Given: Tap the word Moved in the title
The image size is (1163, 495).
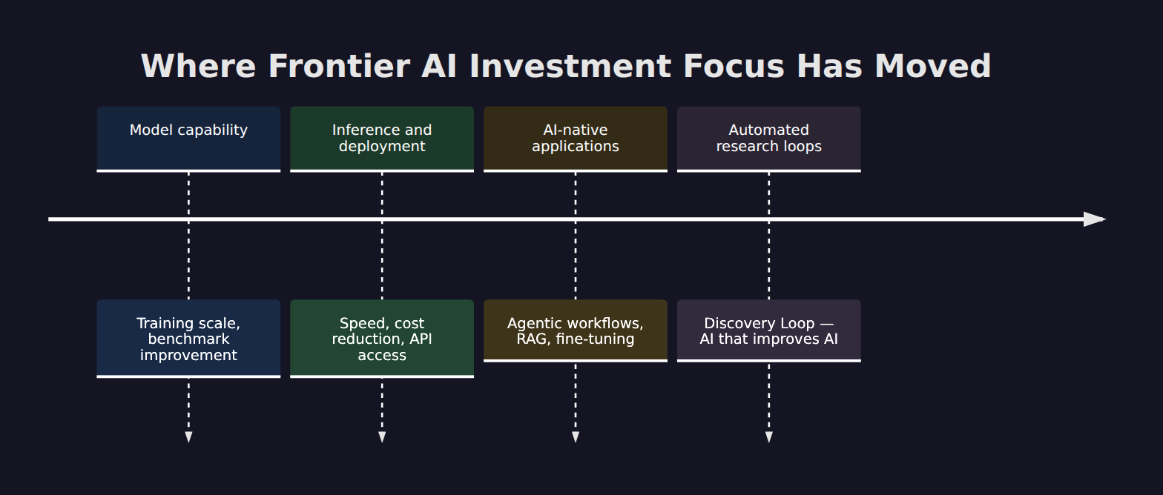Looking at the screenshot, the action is coord(933,67).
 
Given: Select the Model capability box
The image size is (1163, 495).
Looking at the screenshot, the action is coord(188,139).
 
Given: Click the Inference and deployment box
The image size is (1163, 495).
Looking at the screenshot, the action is coord(382,139).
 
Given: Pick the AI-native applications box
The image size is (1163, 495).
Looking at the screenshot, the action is coord(576,139).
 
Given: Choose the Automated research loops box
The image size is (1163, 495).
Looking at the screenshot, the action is coord(769,139).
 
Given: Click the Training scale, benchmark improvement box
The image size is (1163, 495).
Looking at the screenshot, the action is coord(188,339).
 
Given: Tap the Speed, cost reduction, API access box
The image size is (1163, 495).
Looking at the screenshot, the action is coord(382,339).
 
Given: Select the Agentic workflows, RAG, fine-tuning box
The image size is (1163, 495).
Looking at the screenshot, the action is coord(576,330).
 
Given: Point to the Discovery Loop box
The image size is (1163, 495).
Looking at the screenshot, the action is coord(769,330).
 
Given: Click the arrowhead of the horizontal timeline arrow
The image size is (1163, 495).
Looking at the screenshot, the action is coord(1095,219).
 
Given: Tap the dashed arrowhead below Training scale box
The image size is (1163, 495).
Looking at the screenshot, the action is coord(188,437).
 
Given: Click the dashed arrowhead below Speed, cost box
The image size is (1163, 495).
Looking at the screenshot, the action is coord(382,437).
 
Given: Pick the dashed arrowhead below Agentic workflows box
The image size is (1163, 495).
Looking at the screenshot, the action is coord(576,437).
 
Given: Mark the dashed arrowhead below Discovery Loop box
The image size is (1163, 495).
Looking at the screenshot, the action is coord(769,437).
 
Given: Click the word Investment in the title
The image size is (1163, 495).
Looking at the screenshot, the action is coord(570,67).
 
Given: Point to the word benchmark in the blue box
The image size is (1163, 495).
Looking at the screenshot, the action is coord(188,339).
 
